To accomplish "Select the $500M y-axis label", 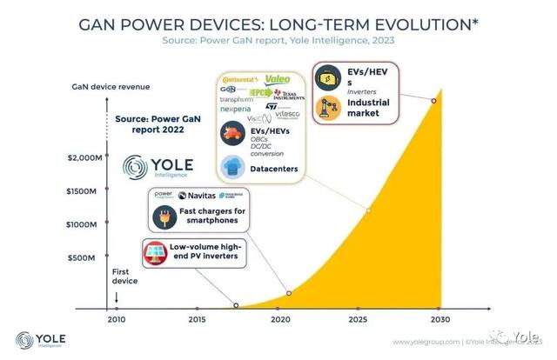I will [x=90, y=257].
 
